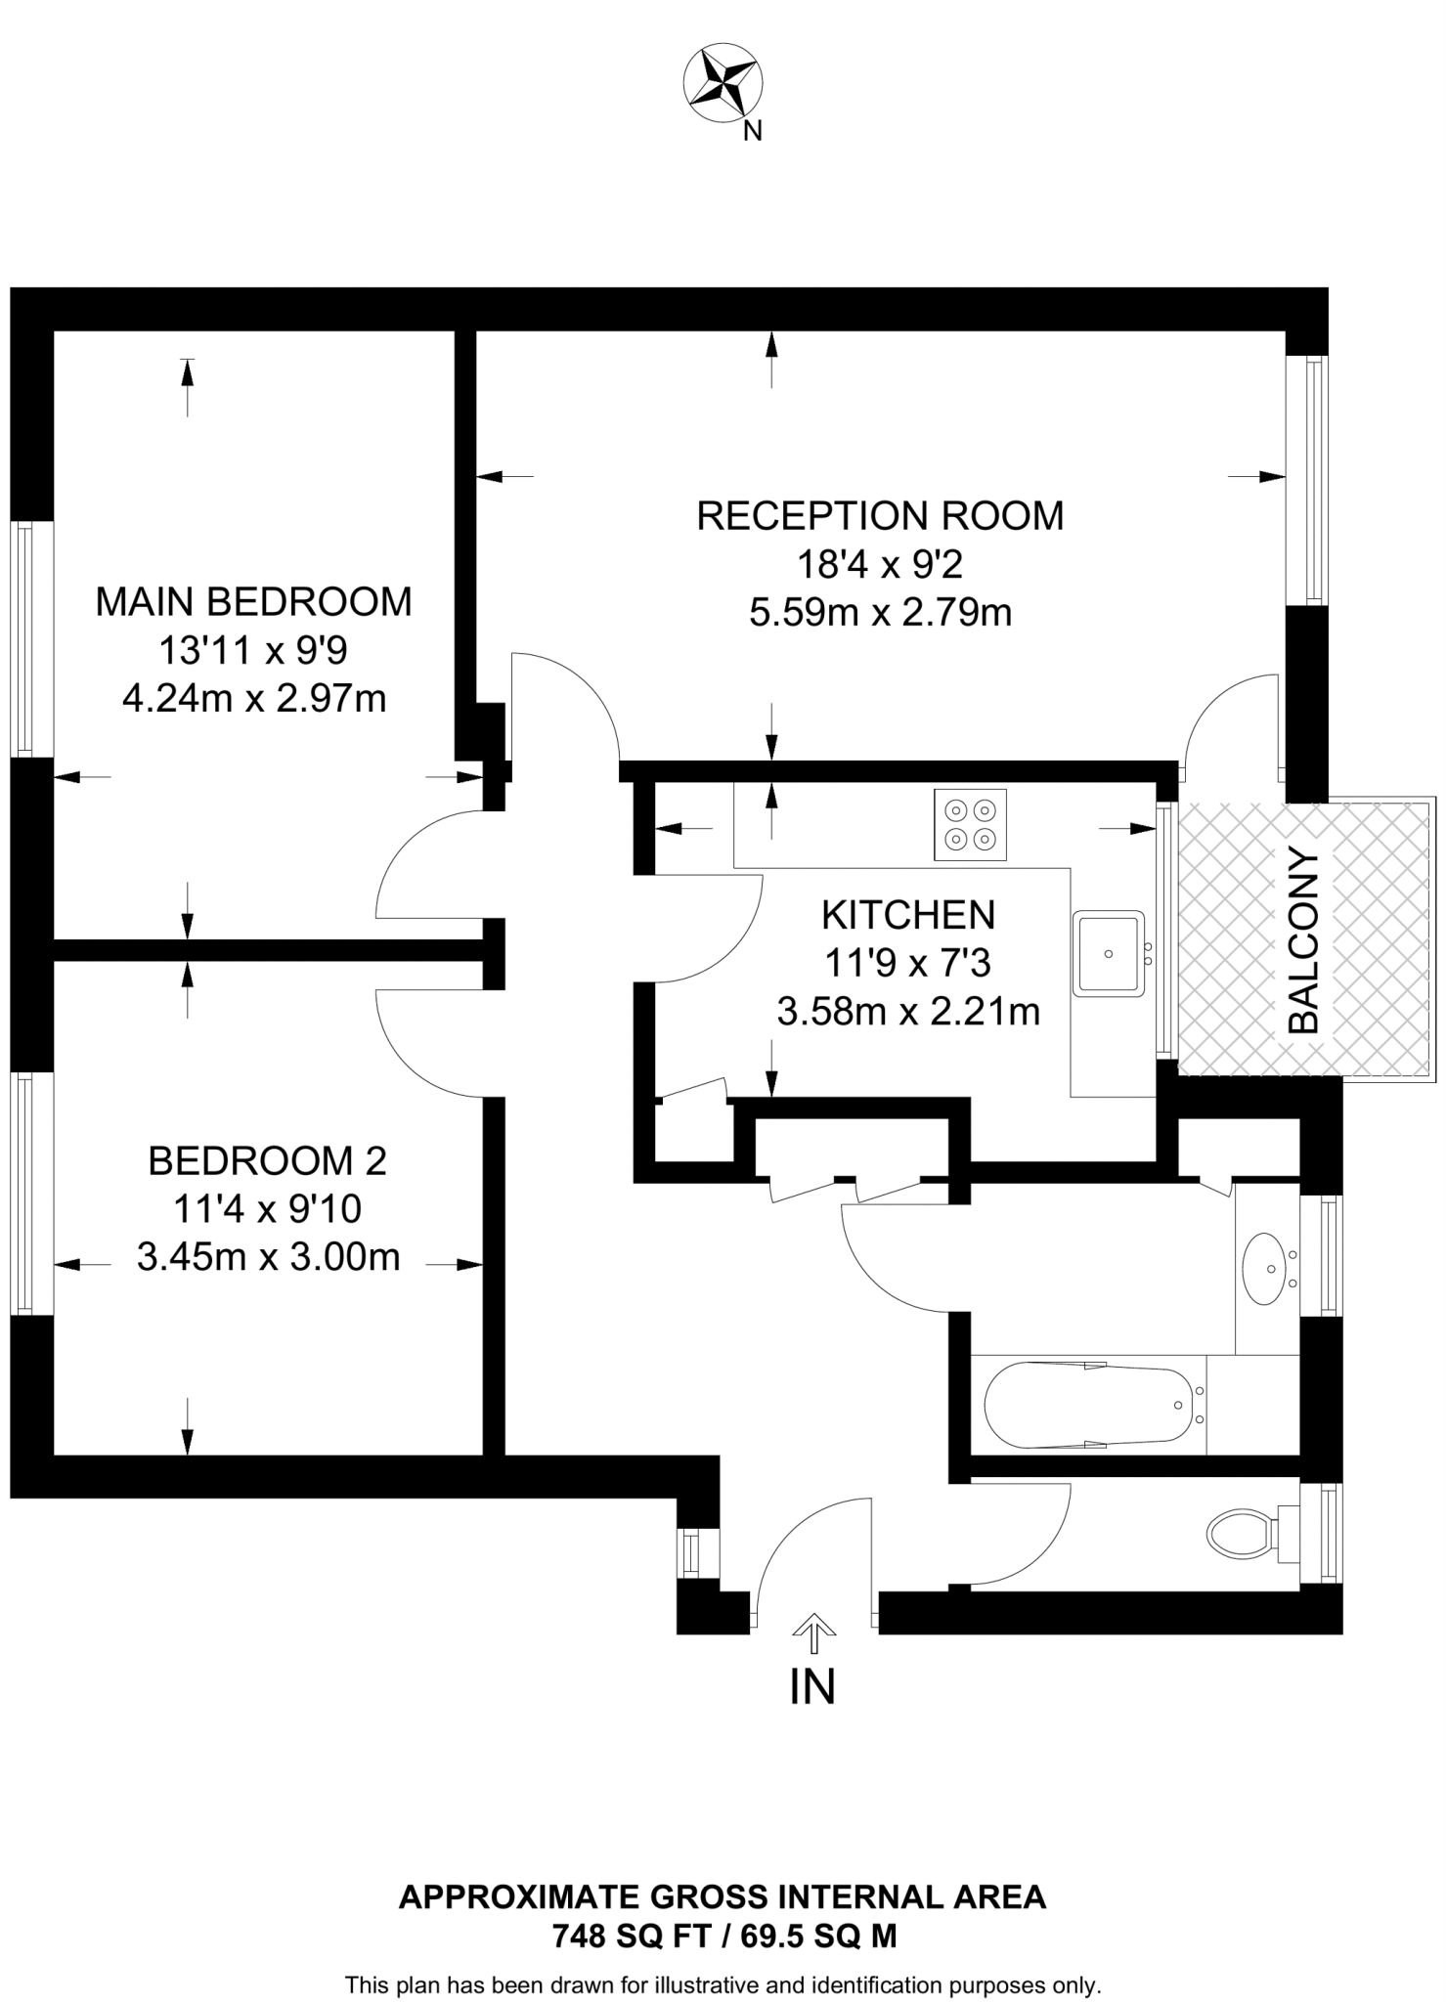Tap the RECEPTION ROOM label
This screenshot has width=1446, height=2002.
[880, 516]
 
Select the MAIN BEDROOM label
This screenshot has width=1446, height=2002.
[253, 602]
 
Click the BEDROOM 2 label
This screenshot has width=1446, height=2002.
[267, 1161]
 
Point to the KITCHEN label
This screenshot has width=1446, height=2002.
[908, 915]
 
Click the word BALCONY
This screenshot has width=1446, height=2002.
[1305, 942]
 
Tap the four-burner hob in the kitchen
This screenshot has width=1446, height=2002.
[970, 824]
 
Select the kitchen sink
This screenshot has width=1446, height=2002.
[1108, 953]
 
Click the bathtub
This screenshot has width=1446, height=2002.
[1089, 1405]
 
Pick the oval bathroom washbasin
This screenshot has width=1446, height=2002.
[1267, 1268]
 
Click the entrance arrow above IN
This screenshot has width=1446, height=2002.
[813, 1625]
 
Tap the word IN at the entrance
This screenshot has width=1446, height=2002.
[812, 1687]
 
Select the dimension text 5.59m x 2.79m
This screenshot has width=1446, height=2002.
[880, 614]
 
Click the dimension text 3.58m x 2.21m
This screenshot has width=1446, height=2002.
[908, 1012]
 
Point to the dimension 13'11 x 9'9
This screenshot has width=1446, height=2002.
[253, 651]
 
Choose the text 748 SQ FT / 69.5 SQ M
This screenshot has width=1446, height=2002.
[723, 1936]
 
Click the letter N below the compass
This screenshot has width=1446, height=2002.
[752, 131]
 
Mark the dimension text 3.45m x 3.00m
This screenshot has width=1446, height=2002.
[268, 1257]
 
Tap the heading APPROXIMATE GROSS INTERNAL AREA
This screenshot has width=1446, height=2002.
[723, 1897]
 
